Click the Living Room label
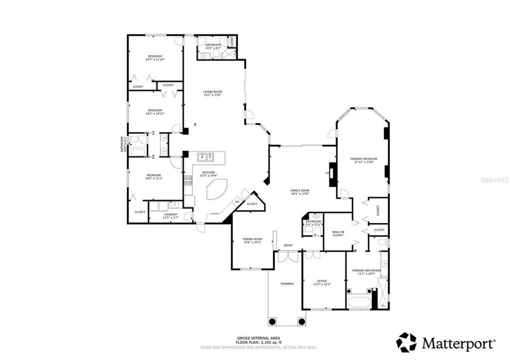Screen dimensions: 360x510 [x=212, y=92]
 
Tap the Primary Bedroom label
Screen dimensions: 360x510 [x=363, y=159]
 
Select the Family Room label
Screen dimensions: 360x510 [x=300, y=190]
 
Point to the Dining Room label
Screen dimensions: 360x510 [x=252, y=239]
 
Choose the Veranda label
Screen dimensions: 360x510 [x=286, y=283]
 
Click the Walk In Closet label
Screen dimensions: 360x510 [x=338, y=233]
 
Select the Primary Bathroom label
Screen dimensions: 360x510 [x=366, y=270]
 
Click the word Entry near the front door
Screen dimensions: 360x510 [x=288, y=245]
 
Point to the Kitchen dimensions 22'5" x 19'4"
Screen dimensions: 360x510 [x=208, y=175]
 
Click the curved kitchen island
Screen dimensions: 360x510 [x=216, y=189]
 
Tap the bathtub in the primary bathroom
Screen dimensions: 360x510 [x=359, y=302]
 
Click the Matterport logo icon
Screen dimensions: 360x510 [x=406, y=342]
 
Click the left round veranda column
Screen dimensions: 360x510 [x=272, y=321]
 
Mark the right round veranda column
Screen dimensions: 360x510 [x=301, y=321]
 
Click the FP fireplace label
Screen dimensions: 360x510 [x=328, y=173]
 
